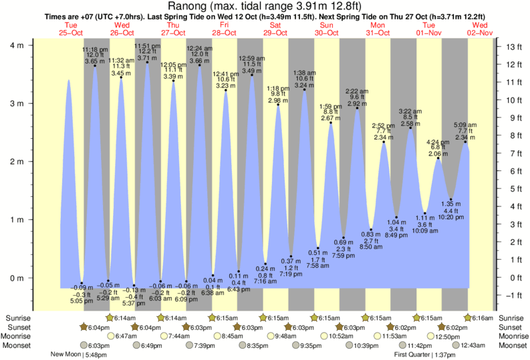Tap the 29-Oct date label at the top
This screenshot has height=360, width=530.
[x=275, y=33]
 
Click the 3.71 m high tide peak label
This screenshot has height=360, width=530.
[x=146, y=59]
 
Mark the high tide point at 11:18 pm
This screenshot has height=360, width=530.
[x=95, y=65]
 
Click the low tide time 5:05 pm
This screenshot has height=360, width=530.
[x=82, y=301]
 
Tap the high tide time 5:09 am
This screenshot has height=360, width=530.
[x=465, y=124]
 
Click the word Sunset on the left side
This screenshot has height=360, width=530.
[x=16, y=327]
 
